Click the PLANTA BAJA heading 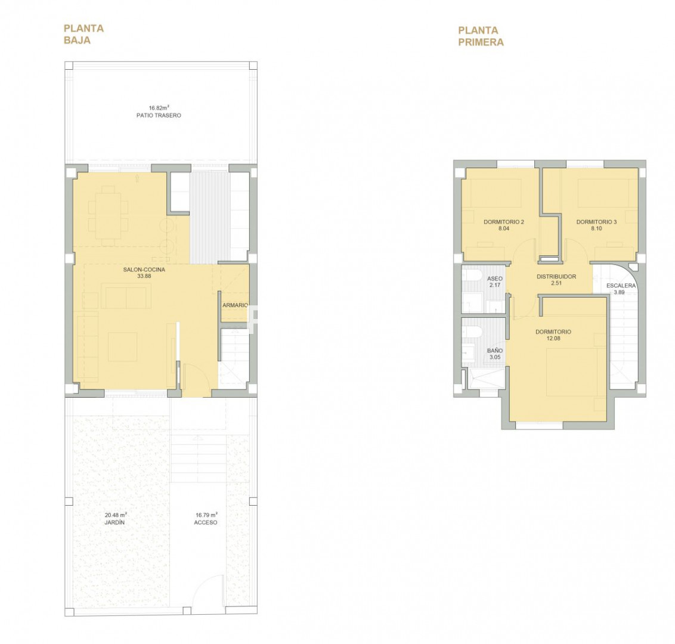(x=84, y=35)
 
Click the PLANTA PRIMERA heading (x=481, y=36)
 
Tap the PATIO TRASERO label (x=159, y=115)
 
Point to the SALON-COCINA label (x=144, y=270)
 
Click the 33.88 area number (x=144, y=276)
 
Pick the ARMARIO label (x=235, y=305)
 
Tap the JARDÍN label (x=114, y=522)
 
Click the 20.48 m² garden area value (x=116, y=515)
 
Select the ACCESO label (x=206, y=522)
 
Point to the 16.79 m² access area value (x=207, y=515)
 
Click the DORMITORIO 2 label (x=504, y=222)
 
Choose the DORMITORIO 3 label (x=597, y=222)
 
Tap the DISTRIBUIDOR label (x=556, y=277)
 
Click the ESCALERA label (x=621, y=286)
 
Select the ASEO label (x=495, y=279)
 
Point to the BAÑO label (x=495, y=351)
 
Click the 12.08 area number (x=553, y=338)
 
